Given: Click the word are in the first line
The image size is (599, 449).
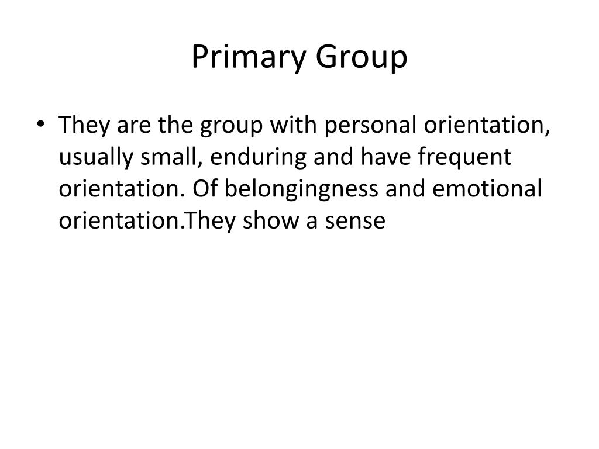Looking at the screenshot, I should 137,126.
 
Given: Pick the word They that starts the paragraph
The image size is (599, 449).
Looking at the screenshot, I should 83,125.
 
